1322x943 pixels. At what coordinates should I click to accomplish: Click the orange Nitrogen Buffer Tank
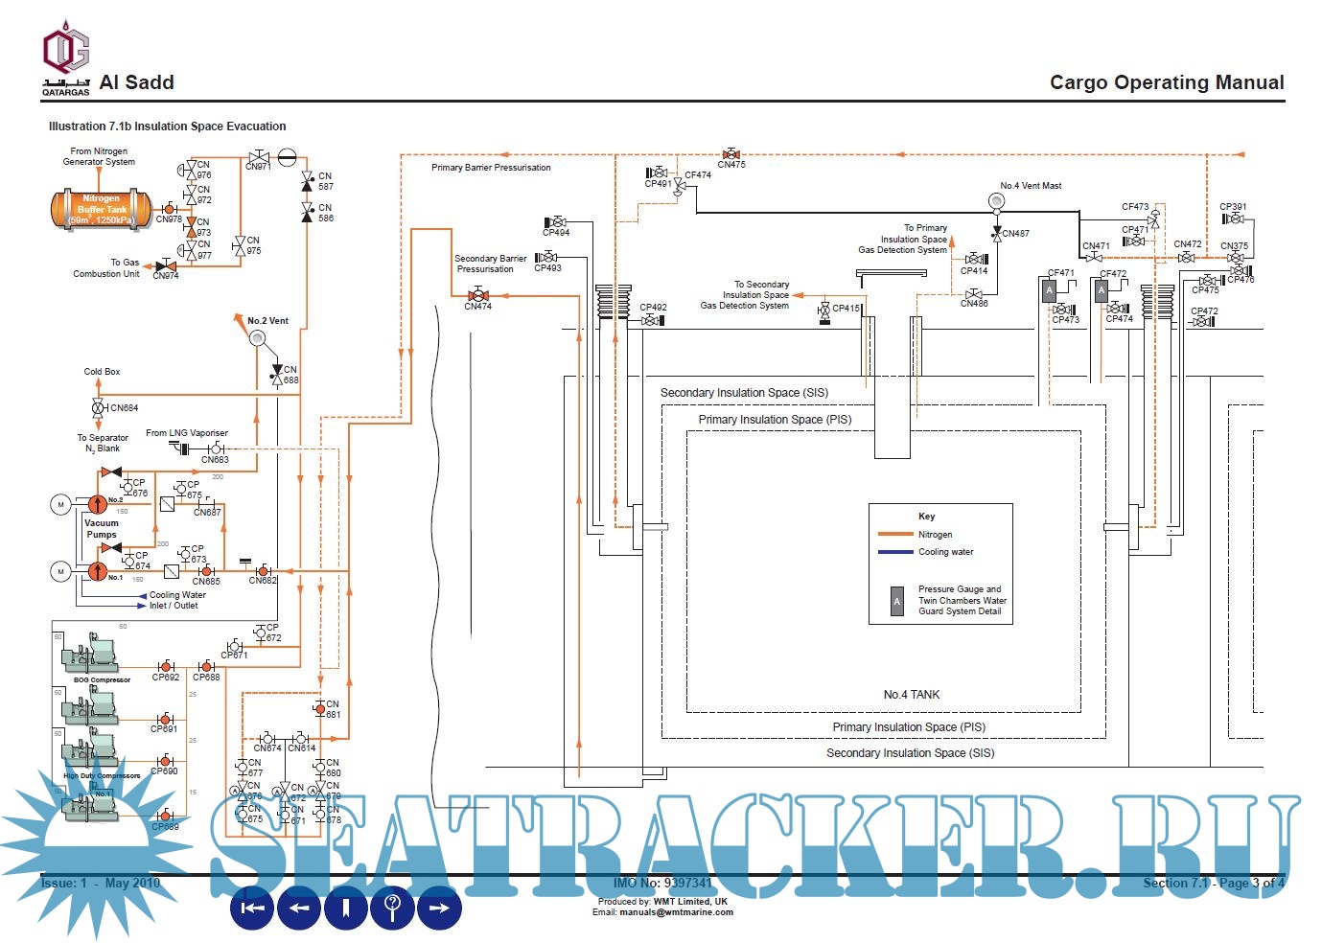[101, 209]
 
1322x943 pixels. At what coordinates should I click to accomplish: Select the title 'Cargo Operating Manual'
[1166, 83]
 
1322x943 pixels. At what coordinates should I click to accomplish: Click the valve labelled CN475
[731, 153]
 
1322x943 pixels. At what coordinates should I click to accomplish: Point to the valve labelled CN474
[477, 296]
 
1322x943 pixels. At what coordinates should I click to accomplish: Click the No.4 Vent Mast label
[1031, 186]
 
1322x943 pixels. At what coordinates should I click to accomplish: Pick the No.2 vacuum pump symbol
[98, 504]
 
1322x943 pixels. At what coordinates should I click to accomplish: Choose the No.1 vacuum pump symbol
[98, 571]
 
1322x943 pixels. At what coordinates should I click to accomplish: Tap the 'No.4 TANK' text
[911, 695]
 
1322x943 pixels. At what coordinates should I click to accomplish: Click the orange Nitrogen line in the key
[894, 535]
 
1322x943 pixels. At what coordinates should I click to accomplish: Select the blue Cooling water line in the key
[894, 552]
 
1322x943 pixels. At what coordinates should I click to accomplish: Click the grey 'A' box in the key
[896, 601]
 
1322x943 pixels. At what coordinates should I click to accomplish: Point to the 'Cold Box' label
[102, 372]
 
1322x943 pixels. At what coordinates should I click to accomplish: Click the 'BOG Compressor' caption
[102, 680]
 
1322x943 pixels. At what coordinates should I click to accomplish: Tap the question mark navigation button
[392, 908]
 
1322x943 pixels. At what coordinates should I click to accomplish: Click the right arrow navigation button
[439, 908]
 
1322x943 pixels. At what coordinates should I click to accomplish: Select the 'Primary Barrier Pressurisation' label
[491, 168]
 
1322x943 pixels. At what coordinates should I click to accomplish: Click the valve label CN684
[124, 408]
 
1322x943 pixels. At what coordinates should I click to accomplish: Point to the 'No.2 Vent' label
[267, 321]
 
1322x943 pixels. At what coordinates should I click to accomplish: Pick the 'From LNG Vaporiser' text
[187, 433]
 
